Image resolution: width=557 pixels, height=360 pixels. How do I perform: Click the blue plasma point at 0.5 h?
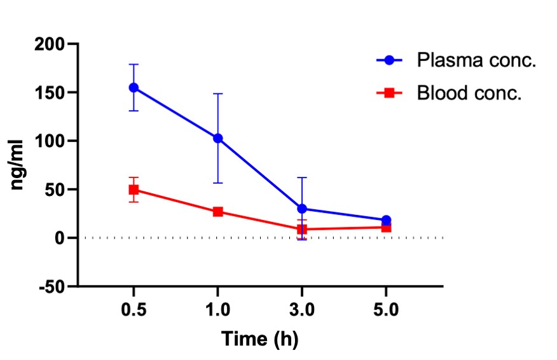[134, 87]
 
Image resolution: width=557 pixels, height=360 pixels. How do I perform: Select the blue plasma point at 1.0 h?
[218, 138]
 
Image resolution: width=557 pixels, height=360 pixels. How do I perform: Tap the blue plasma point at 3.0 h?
[302, 209]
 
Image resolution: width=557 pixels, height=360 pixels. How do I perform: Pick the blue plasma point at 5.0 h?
[386, 220]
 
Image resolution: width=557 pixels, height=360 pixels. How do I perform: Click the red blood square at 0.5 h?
[134, 190]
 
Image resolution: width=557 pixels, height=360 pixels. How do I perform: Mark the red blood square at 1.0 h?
[218, 212]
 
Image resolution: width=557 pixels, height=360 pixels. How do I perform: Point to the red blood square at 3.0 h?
[302, 229]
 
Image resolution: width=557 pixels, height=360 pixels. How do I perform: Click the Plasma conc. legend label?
[477, 61]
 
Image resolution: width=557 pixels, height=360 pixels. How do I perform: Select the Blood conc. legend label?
[469, 93]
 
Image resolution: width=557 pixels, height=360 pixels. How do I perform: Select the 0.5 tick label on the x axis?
[134, 311]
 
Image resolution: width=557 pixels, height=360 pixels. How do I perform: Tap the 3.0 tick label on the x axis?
[302, 311]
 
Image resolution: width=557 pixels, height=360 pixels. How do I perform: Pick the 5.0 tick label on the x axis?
[386, 311]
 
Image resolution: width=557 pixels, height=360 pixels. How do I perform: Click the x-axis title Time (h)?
[259, 338]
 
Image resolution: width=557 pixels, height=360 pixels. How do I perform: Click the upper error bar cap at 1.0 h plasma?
[218, 93]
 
